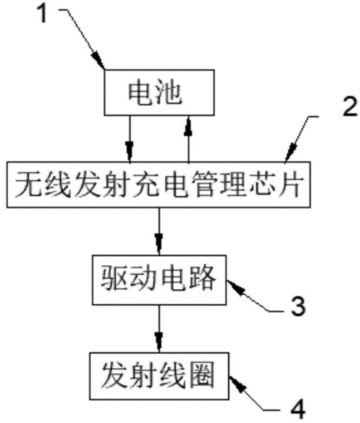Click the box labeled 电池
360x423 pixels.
click(159, 92)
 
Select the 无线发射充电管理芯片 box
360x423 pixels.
click(159, 185)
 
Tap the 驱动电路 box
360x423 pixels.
click(159, 280)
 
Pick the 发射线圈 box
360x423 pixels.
click(159, 376)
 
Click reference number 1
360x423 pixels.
click(43, 14)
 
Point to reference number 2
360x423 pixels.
click(350, 107)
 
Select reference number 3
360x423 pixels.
click(298, 306)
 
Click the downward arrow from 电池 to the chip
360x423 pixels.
click(129, 139)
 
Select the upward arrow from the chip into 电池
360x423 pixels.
click(188, 139)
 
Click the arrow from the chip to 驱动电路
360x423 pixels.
click(159, 231)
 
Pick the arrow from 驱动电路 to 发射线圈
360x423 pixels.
click(159, 329)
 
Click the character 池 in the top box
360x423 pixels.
click(169, 92)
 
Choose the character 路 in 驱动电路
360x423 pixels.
click(203, 278)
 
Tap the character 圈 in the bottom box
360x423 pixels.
click(201, 375)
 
